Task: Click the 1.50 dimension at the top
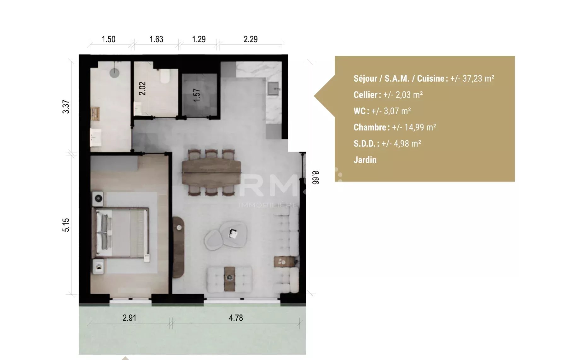point(108,39)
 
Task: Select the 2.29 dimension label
point(251,39)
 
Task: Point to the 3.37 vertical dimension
point(66,107)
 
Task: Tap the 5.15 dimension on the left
point(66,225)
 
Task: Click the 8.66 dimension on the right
point(316,178)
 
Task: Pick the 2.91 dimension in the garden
point(129,318)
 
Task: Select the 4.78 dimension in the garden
point(236,318)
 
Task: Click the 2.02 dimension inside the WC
point(142,89)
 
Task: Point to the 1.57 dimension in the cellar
point(197,95)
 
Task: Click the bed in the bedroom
point(120,233)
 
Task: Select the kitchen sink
point(273,89)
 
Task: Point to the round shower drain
point(114,73)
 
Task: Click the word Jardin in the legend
point(365,160)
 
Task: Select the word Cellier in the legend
point(366,95)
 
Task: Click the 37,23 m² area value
point(478,78)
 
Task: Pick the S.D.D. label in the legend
point(364,144)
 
